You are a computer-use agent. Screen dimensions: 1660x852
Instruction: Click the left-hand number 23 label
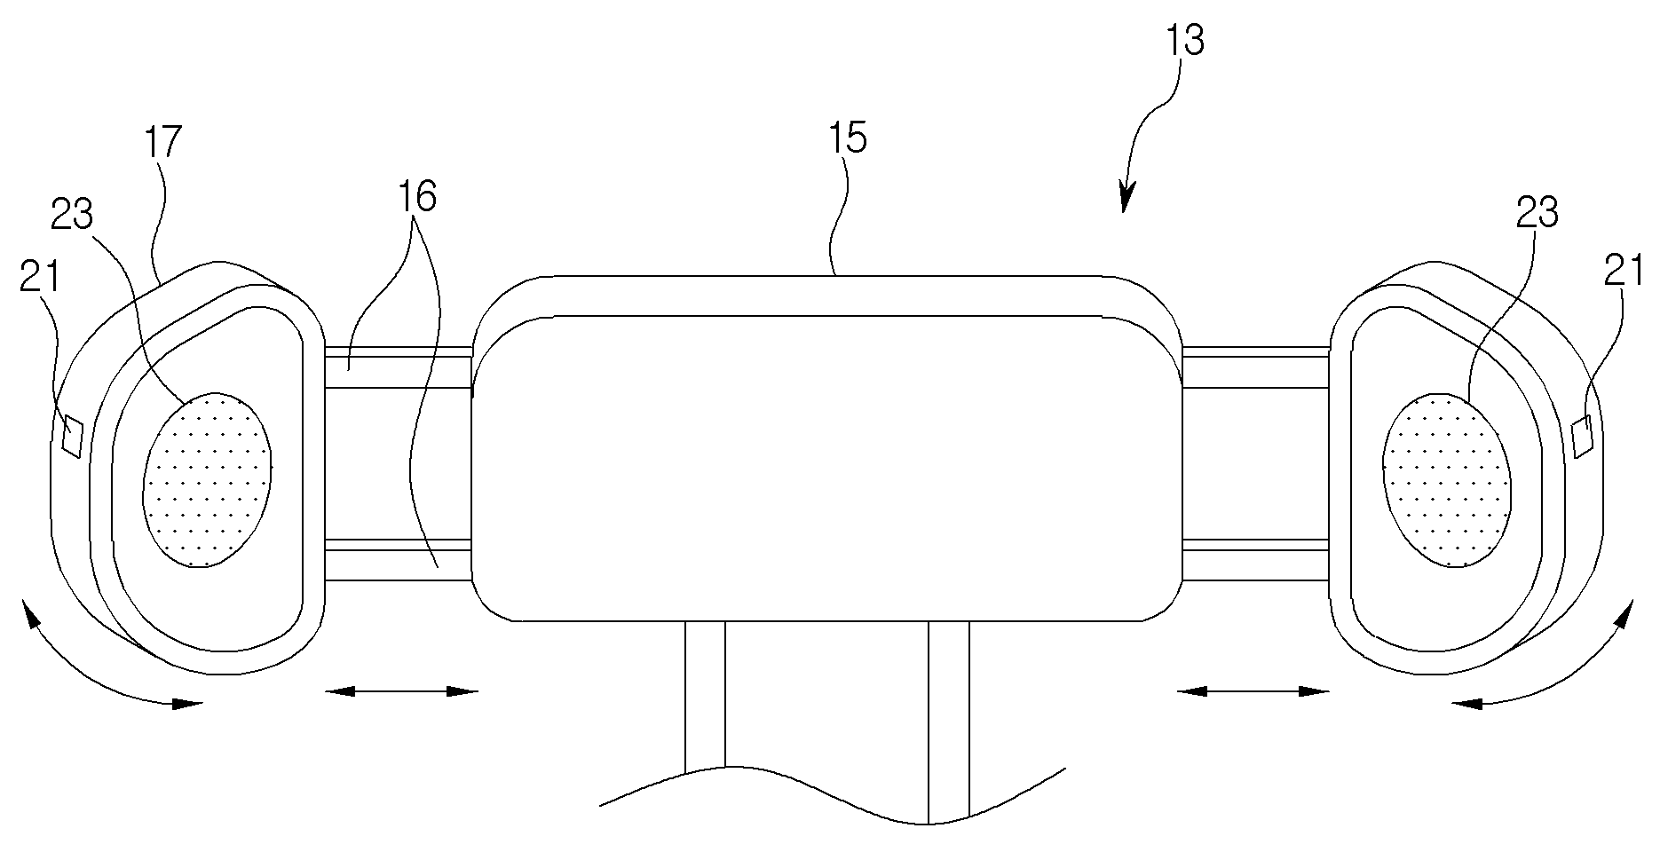[73, 214]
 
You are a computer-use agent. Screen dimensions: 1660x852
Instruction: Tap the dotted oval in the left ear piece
[208, 479]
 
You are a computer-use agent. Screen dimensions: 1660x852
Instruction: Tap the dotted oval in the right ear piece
[1446, 479]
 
